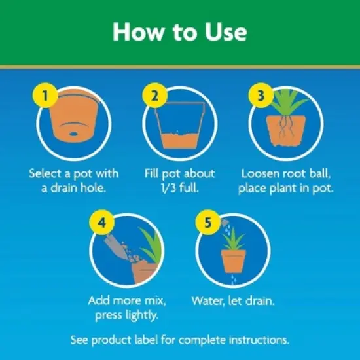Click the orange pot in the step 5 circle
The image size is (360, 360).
point(234,261)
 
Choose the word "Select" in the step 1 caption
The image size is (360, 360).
point(46,175)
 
